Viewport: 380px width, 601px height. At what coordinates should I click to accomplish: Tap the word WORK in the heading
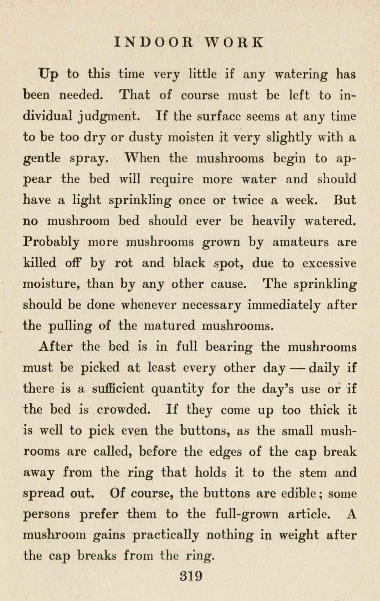[234, 43]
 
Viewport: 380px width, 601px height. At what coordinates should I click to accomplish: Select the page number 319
[191, 576]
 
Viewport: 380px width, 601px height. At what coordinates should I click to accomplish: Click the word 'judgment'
[109, 117]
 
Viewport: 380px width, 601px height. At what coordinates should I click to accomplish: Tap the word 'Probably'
[51, 242]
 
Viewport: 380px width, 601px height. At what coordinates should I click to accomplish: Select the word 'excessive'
[329, 263]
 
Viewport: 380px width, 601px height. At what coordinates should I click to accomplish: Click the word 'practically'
[166, 535]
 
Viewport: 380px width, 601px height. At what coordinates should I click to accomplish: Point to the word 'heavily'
[273, 222]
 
